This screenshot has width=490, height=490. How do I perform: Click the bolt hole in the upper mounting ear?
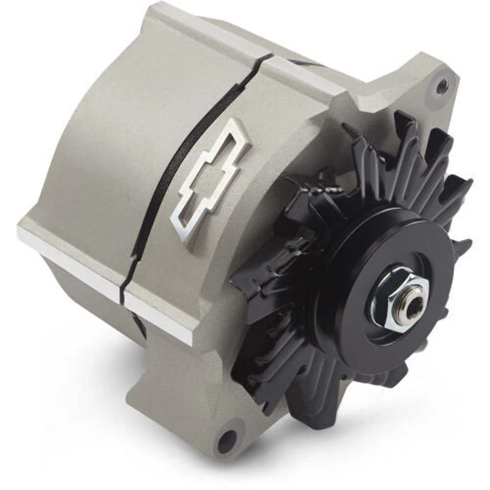point(442,86)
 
